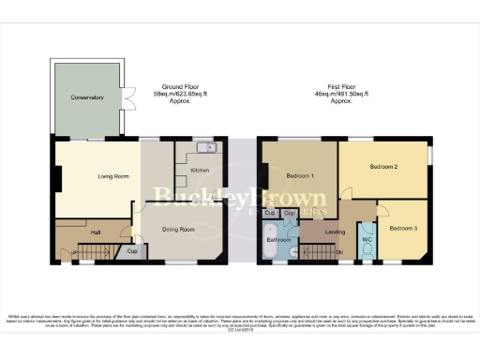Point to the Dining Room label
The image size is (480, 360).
179,230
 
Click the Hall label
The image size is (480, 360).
94,231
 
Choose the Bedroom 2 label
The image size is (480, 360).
383,167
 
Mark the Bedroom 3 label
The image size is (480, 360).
404,230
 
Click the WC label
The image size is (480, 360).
367,239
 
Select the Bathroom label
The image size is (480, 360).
279,239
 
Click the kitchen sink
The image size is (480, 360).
206,147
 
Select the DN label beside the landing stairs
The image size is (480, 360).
337,252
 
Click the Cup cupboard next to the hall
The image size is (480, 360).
132,251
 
